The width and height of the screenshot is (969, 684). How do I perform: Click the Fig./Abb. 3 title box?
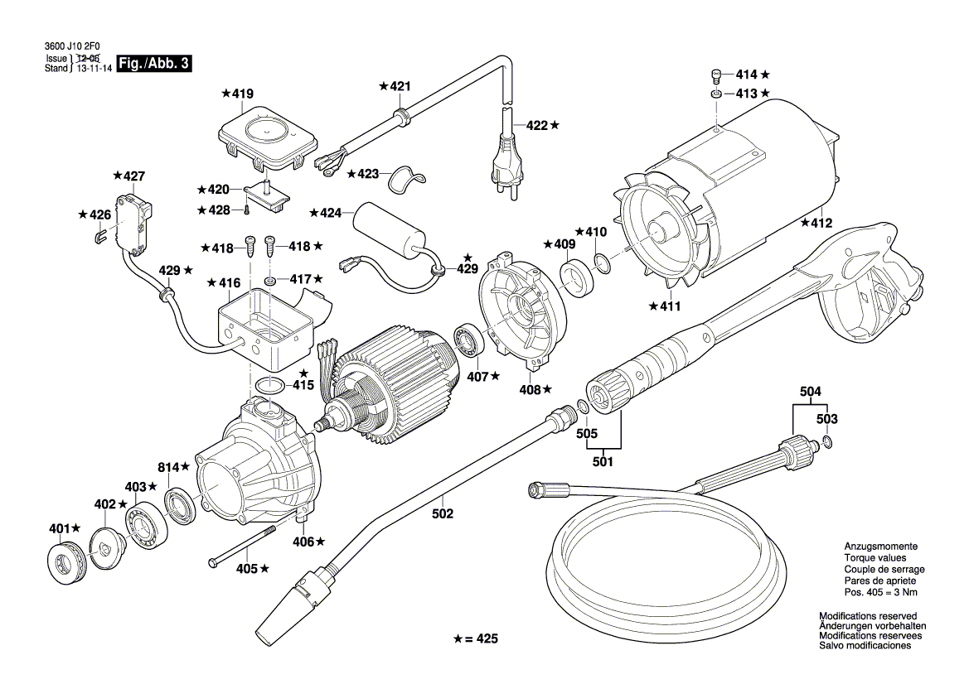click(x=155, y=64)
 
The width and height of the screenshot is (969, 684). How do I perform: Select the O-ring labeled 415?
click(x=267, y=385)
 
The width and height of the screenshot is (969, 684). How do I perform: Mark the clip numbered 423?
click(x=407, y=176)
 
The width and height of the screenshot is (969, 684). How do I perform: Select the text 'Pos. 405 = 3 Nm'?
click(x=879, y=593)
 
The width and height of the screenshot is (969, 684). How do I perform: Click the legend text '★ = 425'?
click(x=477, y=640)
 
